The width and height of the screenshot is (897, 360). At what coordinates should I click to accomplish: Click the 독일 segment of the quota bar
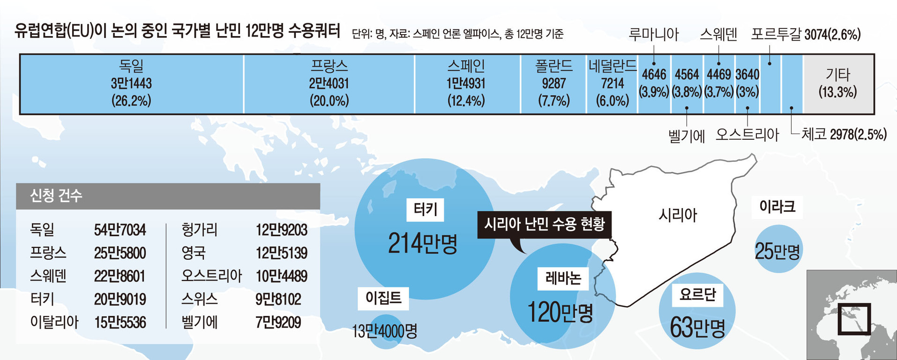click(131, 84)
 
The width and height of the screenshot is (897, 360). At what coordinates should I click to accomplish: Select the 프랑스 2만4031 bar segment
click(329, 84)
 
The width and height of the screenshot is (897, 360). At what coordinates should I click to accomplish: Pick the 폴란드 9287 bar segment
click(553, 84)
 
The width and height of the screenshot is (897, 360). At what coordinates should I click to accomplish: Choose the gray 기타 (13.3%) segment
click(838, 84)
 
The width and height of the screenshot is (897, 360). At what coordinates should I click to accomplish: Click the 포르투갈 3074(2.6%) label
click(806, 35)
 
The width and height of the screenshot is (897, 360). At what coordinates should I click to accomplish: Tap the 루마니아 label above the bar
click(653, 35)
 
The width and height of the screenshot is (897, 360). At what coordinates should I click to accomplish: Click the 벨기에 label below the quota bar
click(686, 136)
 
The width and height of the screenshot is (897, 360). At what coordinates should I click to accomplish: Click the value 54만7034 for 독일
click(120, 230)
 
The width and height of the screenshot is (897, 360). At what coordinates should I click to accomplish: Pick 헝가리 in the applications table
click(199, 230)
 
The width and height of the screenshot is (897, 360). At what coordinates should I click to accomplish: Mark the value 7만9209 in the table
click(278, 322)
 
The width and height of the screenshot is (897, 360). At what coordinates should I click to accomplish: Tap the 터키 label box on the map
click(425, 210)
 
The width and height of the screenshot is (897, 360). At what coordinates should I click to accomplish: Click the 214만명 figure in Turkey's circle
click(423, 244)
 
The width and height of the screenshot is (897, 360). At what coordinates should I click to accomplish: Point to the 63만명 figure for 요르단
click(697, 327)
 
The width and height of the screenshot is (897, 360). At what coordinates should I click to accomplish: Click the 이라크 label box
click(777, 207)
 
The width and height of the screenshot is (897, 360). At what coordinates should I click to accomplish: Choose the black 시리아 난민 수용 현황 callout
click(544, 225)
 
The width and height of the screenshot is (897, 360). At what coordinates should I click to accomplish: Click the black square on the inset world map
click(854, 319)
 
